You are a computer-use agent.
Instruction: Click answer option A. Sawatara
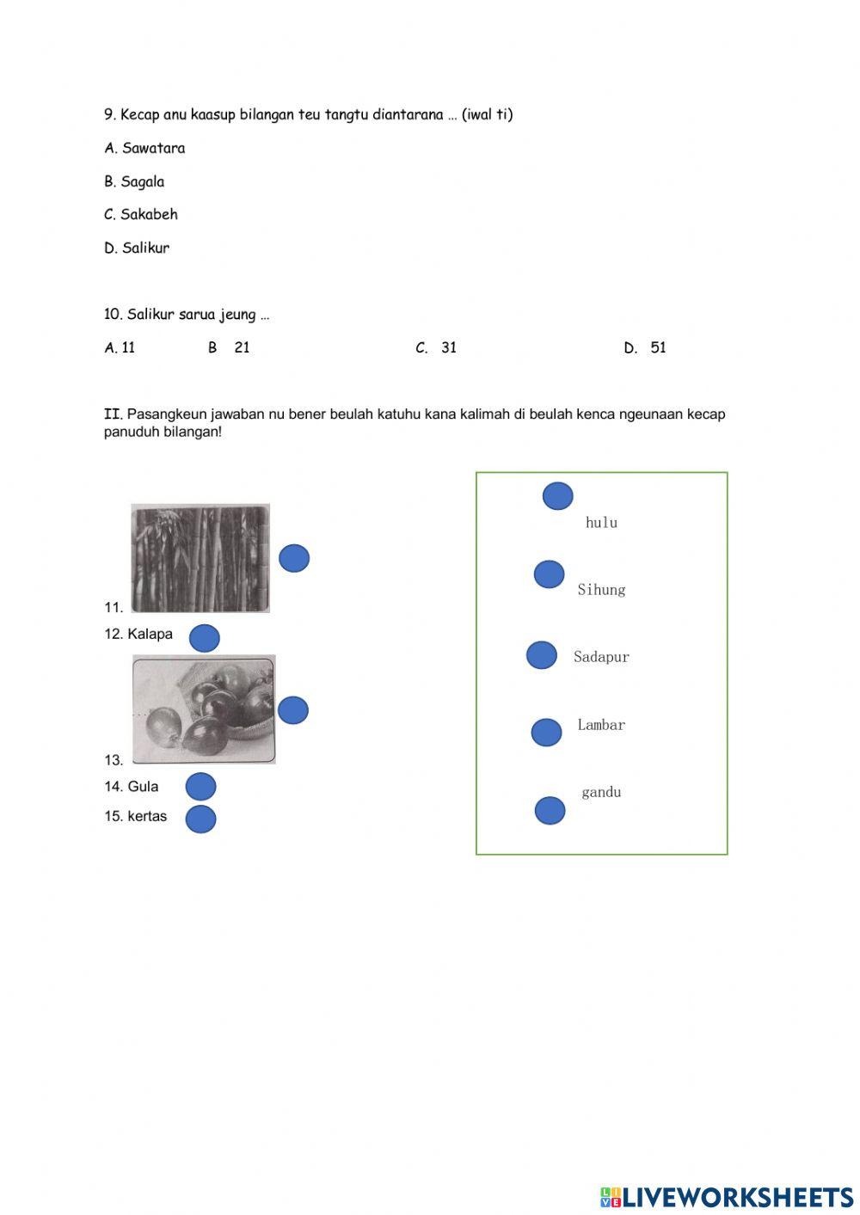click(x=144, y=148)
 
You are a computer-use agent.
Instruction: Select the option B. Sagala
click(x=134, y=181)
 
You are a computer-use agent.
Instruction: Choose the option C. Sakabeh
click(x=141, y=214)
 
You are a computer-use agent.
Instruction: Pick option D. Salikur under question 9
click(x=137, y=248)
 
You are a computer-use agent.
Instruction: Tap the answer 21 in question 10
click(x=241, y=347)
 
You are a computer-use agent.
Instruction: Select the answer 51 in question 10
click(x=658, y=347)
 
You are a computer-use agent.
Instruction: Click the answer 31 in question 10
click(x=448, y=347)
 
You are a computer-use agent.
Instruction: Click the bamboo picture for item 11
click(x=200, y=558)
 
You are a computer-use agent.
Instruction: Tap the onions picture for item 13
click(x=204, y=709)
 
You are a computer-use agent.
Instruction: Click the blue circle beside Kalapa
click(x=205, y=638)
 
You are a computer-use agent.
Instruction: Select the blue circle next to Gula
click(x=200, y=787)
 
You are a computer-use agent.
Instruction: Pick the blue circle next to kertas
click(x=200, y=819)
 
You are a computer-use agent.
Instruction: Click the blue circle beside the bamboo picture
click(x=294, y=558)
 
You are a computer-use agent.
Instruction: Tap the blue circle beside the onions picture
click(x=293, y=710)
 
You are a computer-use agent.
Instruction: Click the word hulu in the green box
click(x=601, y=523)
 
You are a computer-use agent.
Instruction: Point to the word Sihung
click(x=601, y=590)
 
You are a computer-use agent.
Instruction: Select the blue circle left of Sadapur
click(x=542, y=655)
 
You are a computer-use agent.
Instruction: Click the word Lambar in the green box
click(x=601, y=725)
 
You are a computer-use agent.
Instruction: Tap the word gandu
click(x=601, y=792)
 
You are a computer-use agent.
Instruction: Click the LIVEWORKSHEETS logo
click(x=727, y=1197)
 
